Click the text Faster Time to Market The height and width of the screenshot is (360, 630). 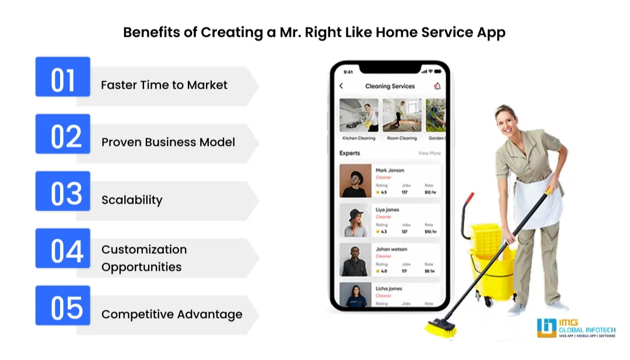164,85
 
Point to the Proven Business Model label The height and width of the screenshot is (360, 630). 168,142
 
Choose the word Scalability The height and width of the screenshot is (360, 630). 132,200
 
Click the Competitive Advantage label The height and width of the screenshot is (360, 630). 171,314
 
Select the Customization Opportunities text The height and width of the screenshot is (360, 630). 144,258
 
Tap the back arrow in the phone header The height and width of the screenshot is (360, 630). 341,86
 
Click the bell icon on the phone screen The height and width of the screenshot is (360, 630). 437,86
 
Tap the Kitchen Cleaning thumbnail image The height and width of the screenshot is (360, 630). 359,115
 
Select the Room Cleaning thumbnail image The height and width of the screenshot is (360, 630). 402,115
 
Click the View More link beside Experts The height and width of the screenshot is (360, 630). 429,153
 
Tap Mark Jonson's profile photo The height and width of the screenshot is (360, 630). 356,180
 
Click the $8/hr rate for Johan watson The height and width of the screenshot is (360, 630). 429,271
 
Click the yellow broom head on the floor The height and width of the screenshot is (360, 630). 440,328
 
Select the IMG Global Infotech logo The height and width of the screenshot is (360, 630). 577,328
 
